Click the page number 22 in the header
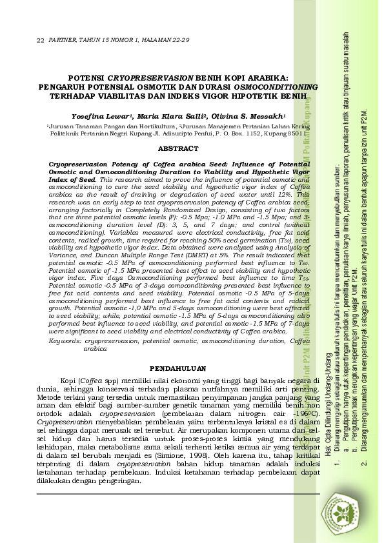pos(39,40)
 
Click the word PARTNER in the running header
pos(63,40)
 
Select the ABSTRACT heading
pos(177,149)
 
